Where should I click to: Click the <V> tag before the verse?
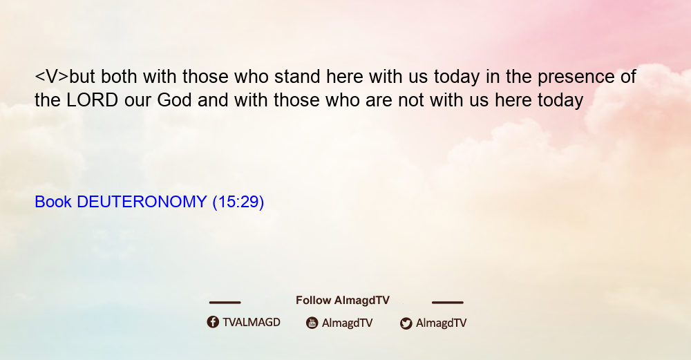pos(52,77)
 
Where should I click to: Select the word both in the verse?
pos(119,76)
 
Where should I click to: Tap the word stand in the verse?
pos(297,76)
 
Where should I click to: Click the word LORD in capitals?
pos(92,100)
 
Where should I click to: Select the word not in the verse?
pos(410,101)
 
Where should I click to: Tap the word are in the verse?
pos(379,102)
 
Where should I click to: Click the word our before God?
pos(138,102)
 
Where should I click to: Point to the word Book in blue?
pos(53,202)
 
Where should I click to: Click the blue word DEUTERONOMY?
pos(142,202)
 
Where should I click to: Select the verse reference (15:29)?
pos(238,202)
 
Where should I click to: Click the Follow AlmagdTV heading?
pos(343,301)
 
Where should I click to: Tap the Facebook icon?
pos(213,322)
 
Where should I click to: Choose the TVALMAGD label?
pos(252,323)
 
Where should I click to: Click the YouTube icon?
pos(312,323)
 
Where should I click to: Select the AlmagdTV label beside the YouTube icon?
pos(348,323)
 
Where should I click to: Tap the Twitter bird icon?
pos(406,323)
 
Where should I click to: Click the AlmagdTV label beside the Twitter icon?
pos(441,323)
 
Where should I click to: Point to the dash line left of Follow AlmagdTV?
pos(225,303)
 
